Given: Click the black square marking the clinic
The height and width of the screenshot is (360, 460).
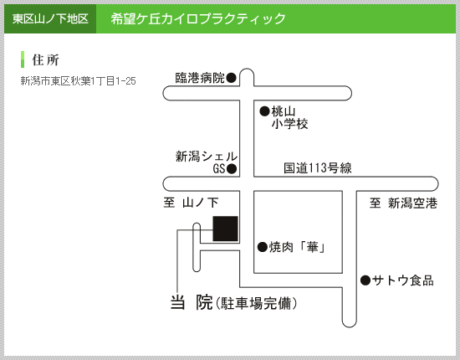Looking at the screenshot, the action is (225, 229).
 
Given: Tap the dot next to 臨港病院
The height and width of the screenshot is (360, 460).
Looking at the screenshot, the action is (232, 78).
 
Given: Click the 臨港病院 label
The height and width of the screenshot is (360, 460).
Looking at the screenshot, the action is (200, 78).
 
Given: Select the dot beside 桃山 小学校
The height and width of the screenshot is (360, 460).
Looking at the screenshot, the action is (264, 111).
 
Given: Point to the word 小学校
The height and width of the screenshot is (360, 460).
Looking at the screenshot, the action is (289, 124).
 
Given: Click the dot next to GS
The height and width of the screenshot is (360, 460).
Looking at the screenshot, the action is (232, 169).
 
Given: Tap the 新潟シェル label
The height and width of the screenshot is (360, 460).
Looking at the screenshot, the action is (207, 157).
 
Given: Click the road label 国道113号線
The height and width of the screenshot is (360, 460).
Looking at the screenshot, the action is (318, 168).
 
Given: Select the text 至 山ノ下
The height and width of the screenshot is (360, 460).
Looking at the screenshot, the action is (191, 203).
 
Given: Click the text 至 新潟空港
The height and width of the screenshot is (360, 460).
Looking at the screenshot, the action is (403, 203).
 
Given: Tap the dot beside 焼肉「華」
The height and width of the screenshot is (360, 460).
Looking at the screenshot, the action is (263, 247).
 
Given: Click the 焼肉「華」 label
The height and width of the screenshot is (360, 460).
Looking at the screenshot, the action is (297, 247).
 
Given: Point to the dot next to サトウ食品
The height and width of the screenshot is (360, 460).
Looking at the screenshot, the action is (365, 280).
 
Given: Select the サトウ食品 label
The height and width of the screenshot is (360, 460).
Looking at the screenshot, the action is (403, 280).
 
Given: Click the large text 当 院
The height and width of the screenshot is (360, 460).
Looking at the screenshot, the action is (192, 302).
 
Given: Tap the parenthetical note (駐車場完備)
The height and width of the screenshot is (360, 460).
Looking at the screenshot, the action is (256, 303).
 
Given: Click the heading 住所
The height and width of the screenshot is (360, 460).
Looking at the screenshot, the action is (45, 60).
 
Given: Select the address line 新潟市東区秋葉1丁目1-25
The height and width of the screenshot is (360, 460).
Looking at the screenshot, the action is (78, 80).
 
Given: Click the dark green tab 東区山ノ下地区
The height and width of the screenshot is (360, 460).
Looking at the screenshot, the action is (50, 18).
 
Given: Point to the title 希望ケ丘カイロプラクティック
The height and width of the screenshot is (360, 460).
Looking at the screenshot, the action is (198, 18).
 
